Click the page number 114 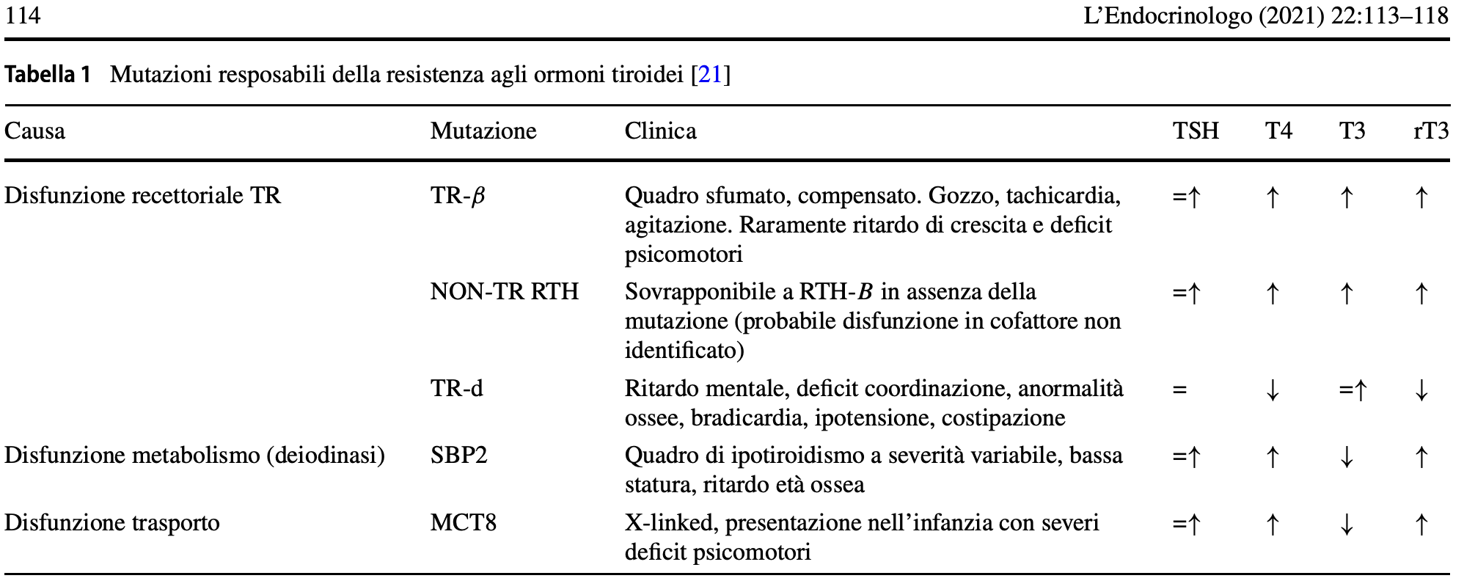tap(23, 15)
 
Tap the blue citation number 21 tap(710, 74)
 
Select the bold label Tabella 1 tap(48, 74)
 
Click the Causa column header tap(34, 131)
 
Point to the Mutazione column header tap(483, 131)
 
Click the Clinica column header tap(660, 131)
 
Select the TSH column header tap(1196, 131)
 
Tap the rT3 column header tap(1430, 131)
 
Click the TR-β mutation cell tap(458, 196)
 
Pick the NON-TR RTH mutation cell tap(505, 291)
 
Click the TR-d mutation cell tap(456, 388)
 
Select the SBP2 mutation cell tap(458, 456)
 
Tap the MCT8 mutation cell tap(463, 523)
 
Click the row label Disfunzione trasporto tap(112, 523)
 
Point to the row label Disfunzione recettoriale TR tap(142, 196)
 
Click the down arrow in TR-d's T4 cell tap(1273, 390)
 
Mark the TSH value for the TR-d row tap(1179, 390)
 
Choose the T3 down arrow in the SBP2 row tap(1347, 457)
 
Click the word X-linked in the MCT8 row tap(669, 523)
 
